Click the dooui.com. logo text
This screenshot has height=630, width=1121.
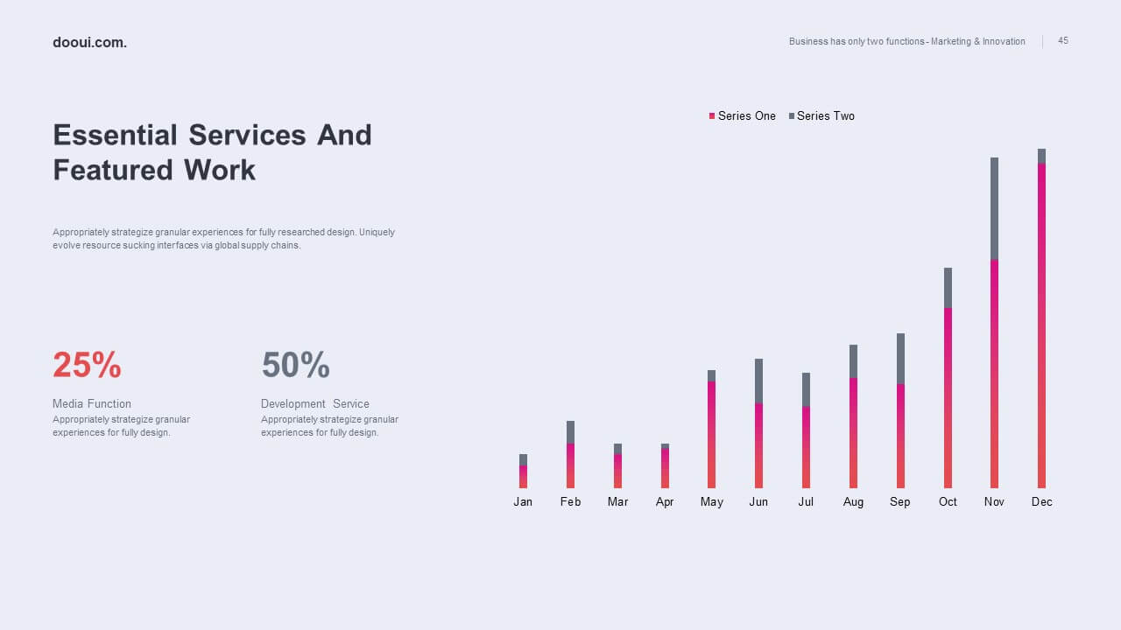(x=89, y=43)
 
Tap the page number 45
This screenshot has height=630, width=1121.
(x=1063, y=40)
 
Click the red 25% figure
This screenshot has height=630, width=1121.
(x=87, y=365)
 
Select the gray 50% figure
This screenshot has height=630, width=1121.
(x=296, y=365)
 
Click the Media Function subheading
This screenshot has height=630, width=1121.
(x=92, y=403)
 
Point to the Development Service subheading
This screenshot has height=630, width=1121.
(x=314, y=403)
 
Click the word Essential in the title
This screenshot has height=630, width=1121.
(x=115, y=135)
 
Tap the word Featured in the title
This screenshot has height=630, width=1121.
(x=113, y=170)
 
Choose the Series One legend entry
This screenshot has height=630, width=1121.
(x=742, y=116)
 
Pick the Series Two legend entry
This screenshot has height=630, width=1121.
(x=821, y=116)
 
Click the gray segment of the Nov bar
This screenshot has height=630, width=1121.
(x=994, y=208)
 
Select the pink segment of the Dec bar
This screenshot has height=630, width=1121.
(x=1041, y=325)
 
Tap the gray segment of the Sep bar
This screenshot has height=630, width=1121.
(x=900, y=359)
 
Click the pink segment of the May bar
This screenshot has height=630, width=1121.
(x=711, y=435)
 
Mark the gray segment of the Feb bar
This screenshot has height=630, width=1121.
(x=570, y=432)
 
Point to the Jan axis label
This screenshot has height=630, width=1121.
(x=523, y=501)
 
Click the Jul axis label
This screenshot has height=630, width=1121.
(x=806, y=501)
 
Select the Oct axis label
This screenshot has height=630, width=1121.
(x=948, y=501)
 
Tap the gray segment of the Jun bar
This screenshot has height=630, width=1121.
(x=758, y=381)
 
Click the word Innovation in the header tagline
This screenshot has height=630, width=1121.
(x=1004, y=41)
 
